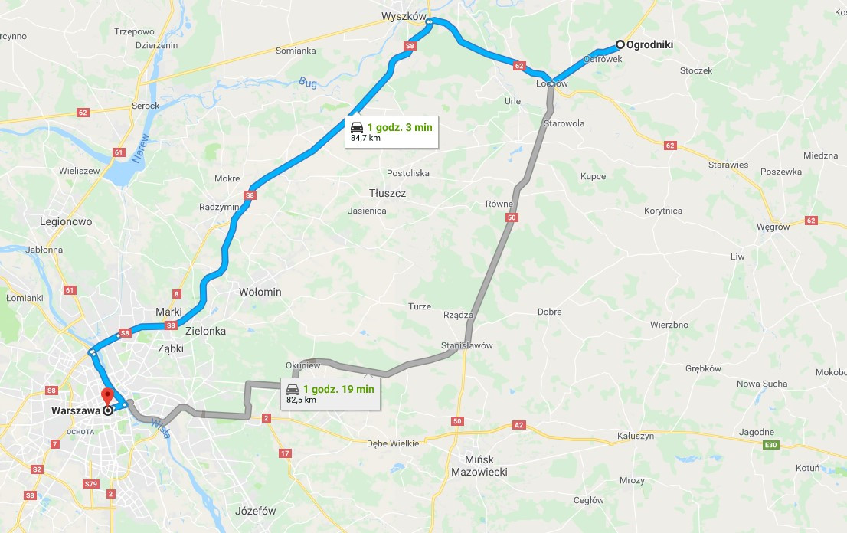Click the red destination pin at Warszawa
tap(107, 396)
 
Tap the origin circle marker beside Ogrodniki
tap(620, 44)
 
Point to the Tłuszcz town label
tap(387, 193)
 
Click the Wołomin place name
tap(260, 292)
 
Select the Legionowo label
tap(66, 221)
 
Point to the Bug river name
tap(308, 82)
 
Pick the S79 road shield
tap(91, 483)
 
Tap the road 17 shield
tap(285, 453)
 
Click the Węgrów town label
tap(773, 227)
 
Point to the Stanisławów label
tap(466, 345)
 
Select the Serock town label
tap(146, 106)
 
